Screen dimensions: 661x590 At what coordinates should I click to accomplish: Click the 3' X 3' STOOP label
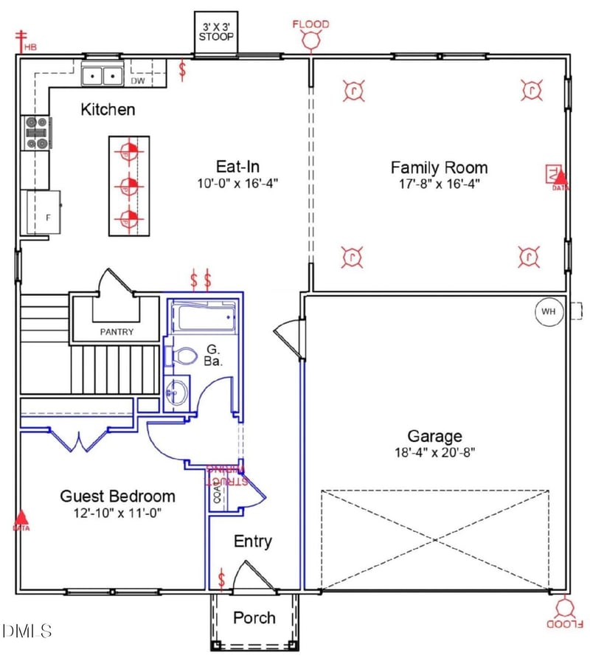pyautogui.click(x=216, y=32)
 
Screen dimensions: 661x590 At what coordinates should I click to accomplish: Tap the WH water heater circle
pyautogui.click(x=548, y=311)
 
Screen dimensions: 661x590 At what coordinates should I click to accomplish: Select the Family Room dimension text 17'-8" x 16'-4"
pyautogui.click(x=439, y=184)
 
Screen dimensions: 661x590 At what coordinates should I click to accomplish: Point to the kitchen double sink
pyautogui.click(x=102, y=75)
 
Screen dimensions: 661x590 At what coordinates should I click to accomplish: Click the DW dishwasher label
pyautogui.click(x=138, y=81)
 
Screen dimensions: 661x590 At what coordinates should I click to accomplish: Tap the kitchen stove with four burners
pyautogui.click(x=37, y=133)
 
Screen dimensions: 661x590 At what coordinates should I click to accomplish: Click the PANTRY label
pyautogui.click(x=117, y=332)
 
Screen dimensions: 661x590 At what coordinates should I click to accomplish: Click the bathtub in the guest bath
pyautogui.click(x=203, y=317)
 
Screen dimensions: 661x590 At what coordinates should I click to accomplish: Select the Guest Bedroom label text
pyautogui.click(x=117, y=496)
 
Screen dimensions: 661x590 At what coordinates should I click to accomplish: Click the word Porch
pyautogui.click(x=254, y=617)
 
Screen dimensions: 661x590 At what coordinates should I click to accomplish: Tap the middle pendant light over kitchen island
pyautogui.click(x=128, y=185)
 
